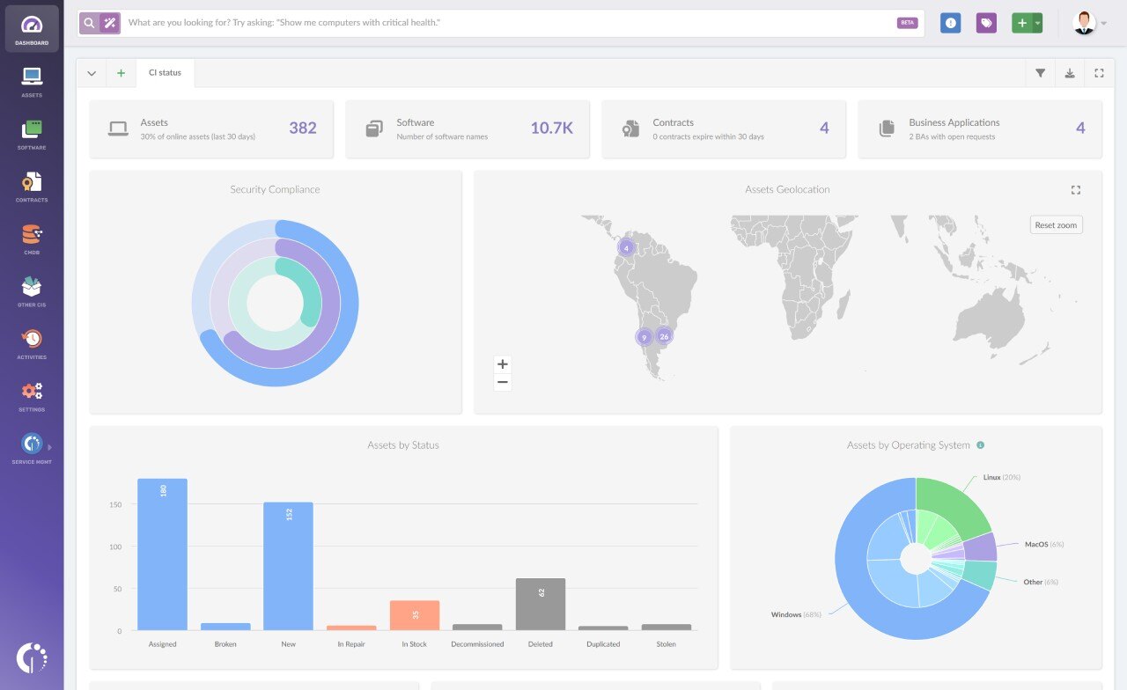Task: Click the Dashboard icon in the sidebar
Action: pos(32,26)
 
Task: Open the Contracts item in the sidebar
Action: pos(32,184)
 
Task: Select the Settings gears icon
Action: pos(32,392)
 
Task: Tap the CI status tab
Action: pos(165,73)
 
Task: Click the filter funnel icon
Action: pos(1040,73)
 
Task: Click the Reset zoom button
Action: pos(1056,225)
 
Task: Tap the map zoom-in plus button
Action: pos(503,364)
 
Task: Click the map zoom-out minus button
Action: pos(503,382)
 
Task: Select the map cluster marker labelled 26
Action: pos(664,336)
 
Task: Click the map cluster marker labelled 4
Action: pos(626,248)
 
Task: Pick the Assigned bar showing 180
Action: pos(163,554)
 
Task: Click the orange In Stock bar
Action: pos(415,615)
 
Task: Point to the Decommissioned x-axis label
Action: pos(477,644)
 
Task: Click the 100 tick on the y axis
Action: pos(115,547)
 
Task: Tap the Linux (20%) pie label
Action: pos(1001,477)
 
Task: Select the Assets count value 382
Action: pos(302,128)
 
